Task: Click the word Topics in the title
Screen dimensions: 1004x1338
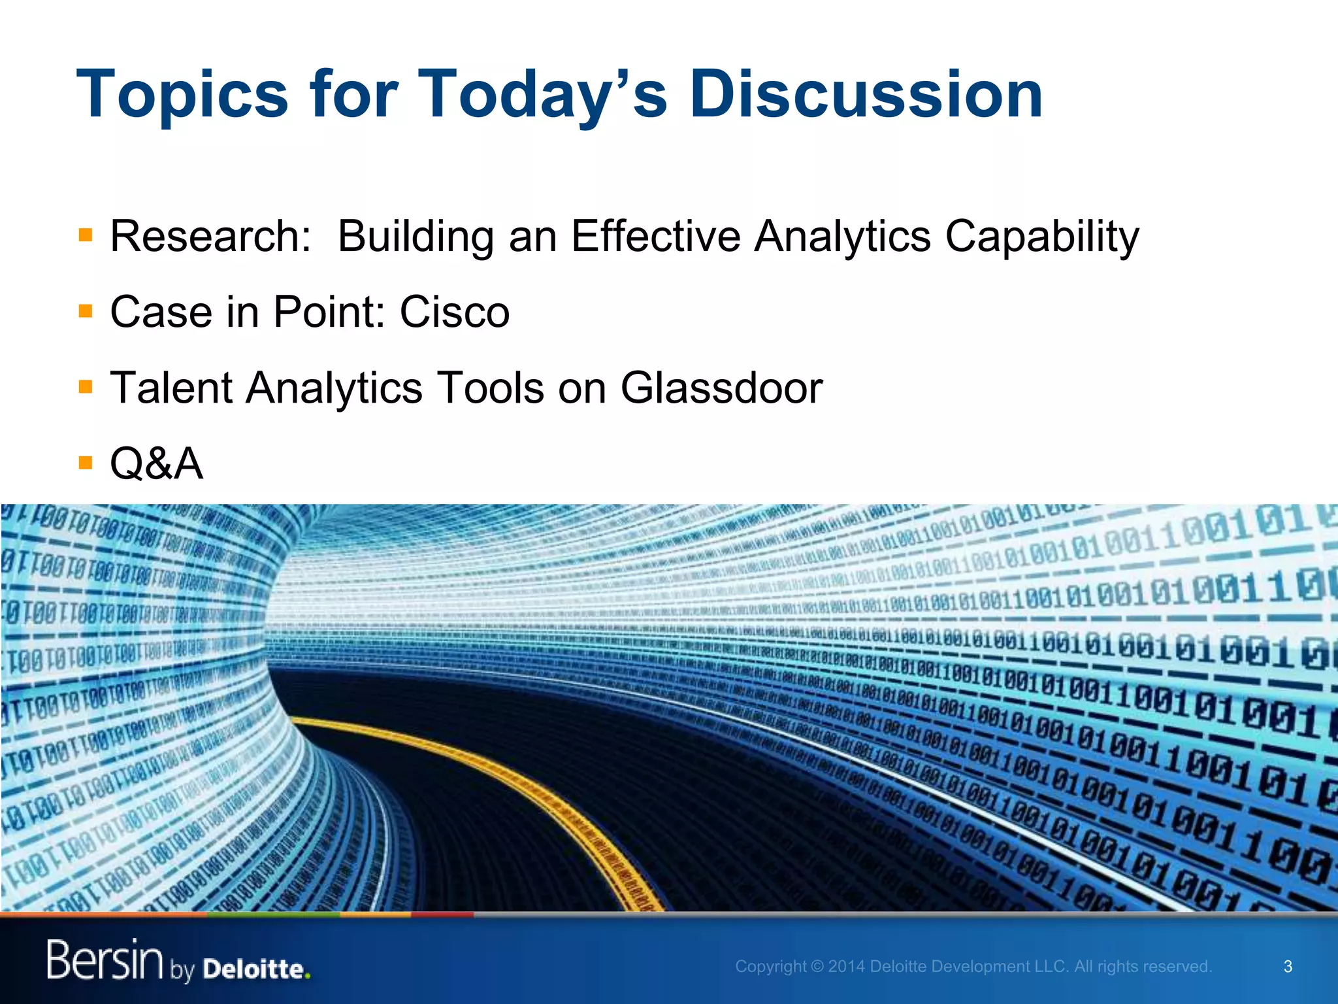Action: click(x=182, y=95)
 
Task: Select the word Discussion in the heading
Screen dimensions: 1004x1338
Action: click(x=866, y=95)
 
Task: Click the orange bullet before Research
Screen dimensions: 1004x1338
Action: click(x=85, y=235)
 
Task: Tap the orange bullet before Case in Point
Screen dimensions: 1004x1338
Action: click(x=85, y=310)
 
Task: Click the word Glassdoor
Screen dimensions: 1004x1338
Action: click(x=721, y=388)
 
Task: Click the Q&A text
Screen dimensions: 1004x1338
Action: click(x=156, y=463)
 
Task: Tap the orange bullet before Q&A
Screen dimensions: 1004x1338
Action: click(x=85, y=463)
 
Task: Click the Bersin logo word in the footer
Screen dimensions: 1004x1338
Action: click(x=105, y=960)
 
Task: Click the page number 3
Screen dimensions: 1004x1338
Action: click(x=1288, y=966)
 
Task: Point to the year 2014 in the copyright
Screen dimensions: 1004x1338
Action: click(x=847, y=966)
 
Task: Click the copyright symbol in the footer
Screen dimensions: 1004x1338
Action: click(x=817, y=966)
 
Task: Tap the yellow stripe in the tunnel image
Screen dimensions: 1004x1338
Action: click(x=523, y=784)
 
